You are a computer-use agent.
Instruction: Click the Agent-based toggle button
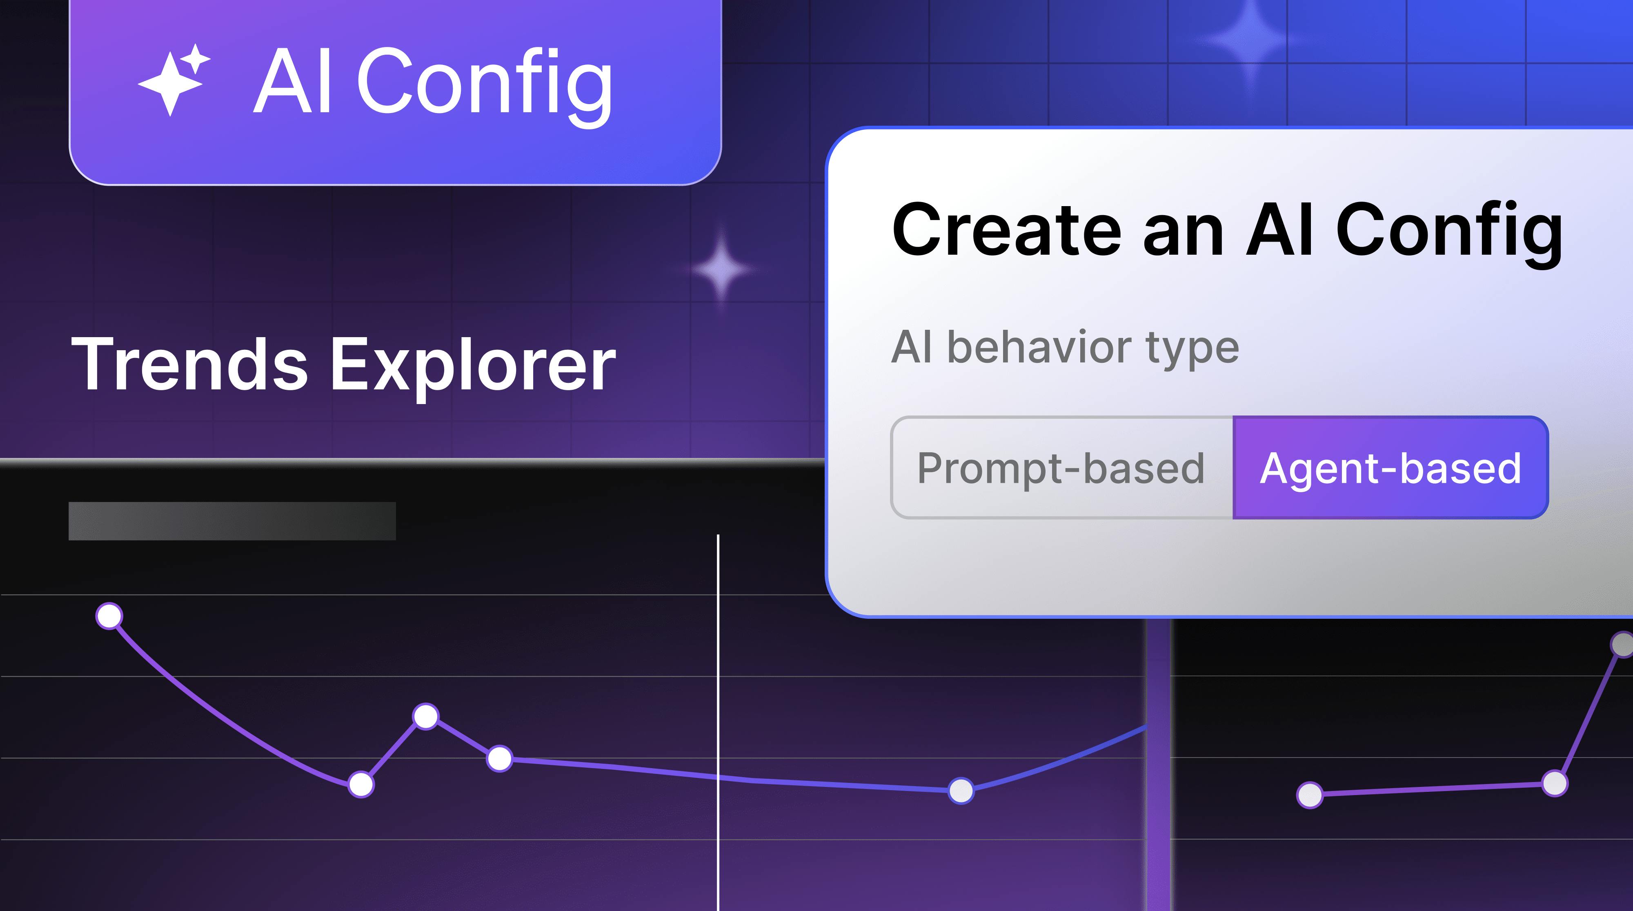tap(1390, 468)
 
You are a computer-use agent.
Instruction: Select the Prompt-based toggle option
tap(1061, 468)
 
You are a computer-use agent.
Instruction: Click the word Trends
tap(189, 364)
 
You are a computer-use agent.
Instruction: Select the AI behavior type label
tap(1065, 347)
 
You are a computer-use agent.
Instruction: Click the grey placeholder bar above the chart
tap(232, 521)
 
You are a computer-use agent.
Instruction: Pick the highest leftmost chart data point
tap(109, 615)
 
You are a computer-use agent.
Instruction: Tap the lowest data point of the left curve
tap(361, 784)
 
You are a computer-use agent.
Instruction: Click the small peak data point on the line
tap(425, 716)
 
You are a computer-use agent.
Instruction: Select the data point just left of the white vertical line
tap(500, 758)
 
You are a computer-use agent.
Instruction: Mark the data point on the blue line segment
tap(961, 791)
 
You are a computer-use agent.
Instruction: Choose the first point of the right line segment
tap(1310, 794)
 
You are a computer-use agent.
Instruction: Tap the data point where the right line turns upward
tap(1554, 783)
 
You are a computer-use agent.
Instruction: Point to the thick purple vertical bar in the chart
tap(1158, 793)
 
